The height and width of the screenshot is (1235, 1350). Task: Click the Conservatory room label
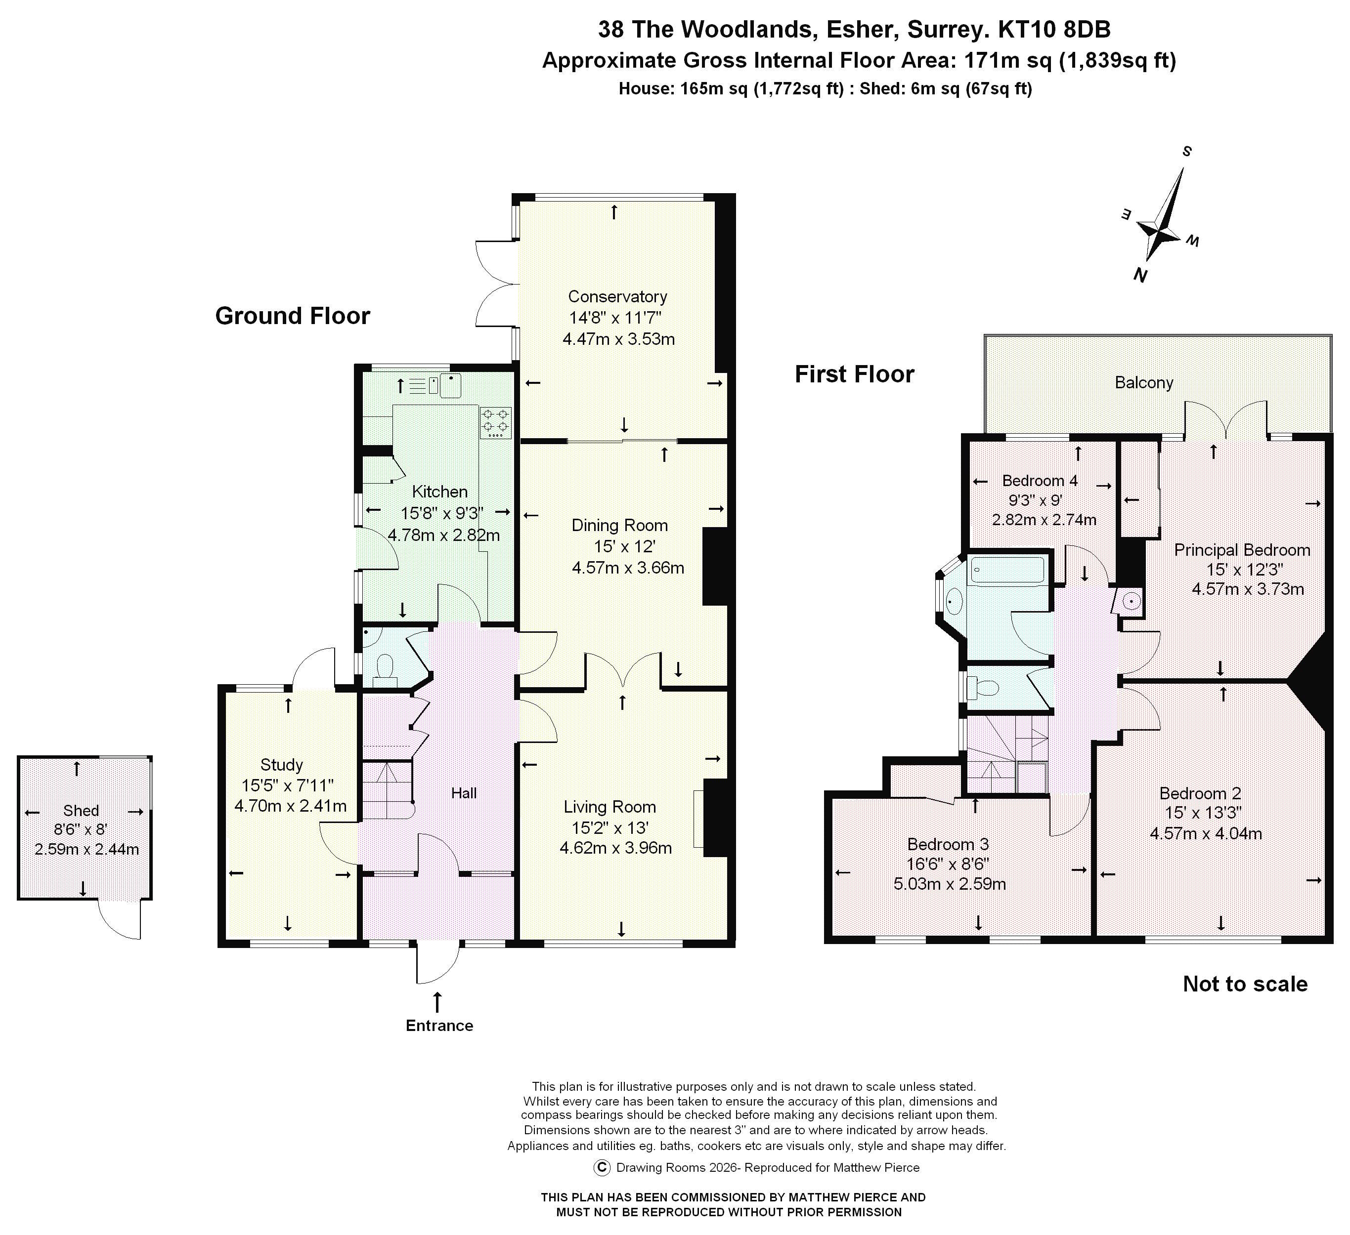[617, 296]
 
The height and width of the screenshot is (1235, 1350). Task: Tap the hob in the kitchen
[495, 422]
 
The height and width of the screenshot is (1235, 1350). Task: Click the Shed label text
[81, 811]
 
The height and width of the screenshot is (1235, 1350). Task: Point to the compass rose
[1165, 228]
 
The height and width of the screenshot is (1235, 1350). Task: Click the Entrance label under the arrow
[439, 1026]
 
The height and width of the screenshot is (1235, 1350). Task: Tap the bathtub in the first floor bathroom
[1006, 570]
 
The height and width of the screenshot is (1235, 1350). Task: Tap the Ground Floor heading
[292, 316]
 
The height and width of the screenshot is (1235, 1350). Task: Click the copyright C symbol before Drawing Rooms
[602, 1167]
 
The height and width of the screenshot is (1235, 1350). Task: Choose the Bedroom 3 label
[948, 845]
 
